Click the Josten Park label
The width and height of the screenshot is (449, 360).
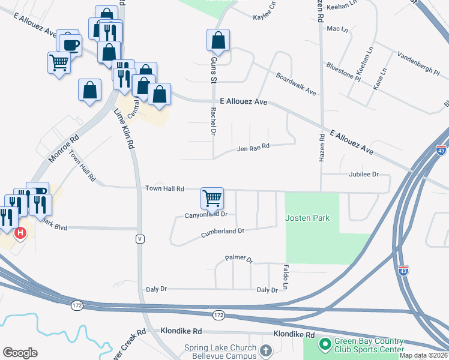coord(307,217)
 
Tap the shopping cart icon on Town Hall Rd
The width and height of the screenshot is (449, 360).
coord(212,197)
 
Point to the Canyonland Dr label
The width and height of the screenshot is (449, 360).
coord(206,214)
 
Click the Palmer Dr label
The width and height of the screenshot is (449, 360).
coord(239,259)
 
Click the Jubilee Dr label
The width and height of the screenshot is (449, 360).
coord(364,174)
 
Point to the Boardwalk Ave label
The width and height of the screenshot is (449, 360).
coord(296,84)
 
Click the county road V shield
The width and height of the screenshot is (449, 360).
coord(139,239)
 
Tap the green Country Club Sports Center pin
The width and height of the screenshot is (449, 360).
coord(325,344)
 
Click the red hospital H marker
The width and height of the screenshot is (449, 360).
coord(20,232)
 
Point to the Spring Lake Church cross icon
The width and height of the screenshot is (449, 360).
coord(267,349)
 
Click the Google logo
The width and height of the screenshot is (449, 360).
coord(20,353)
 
